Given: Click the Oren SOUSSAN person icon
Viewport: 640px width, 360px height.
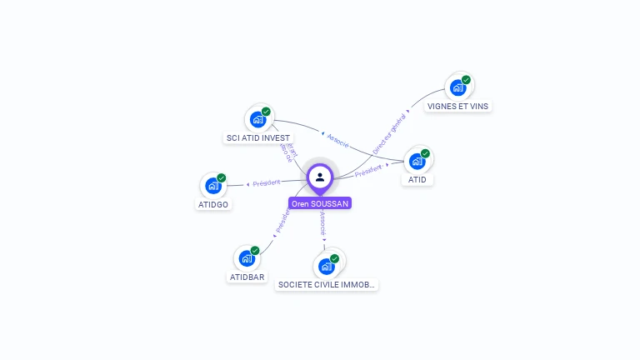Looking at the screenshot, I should [320, 177].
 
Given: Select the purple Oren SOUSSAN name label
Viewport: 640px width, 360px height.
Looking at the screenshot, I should [320, 203].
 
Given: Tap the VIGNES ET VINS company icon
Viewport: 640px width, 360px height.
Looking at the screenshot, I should [457, 87].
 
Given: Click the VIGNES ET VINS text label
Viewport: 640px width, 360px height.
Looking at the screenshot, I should [457, 107].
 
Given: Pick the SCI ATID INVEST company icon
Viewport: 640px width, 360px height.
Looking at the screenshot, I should [257, 119].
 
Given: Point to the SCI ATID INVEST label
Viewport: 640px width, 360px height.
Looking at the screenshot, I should [258, 138].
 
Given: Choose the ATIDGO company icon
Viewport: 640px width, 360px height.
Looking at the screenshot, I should [213, 186].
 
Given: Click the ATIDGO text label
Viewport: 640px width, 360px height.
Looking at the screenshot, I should [213, 204].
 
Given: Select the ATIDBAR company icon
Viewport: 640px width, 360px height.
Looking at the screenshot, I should [247, 258].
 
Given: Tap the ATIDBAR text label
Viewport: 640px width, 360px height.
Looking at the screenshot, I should [247, 277].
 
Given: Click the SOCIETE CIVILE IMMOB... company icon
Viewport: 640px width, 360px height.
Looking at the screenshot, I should [327, 266].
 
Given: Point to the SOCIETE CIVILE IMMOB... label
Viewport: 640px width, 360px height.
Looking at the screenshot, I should [327, 285].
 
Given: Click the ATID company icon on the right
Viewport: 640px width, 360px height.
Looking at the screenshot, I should [417, 161].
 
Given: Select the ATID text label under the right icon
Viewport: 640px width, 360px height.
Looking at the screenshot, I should [417, 180].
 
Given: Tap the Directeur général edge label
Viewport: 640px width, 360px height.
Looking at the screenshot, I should [389, 134].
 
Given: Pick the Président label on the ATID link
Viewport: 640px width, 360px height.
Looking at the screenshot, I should [369, 171].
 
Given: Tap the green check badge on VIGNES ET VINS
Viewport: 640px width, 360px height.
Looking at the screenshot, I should [466, 80].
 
